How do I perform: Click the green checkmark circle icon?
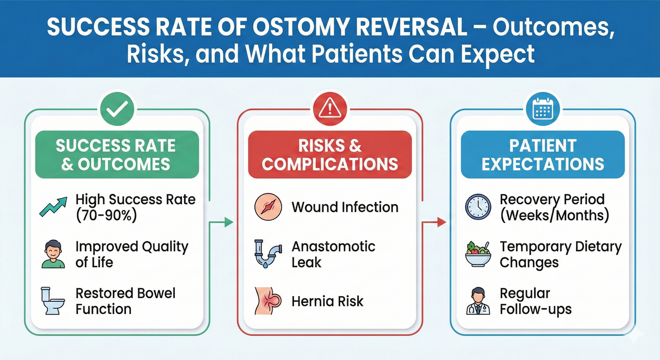[117, 109]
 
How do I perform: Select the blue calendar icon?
[542, 109]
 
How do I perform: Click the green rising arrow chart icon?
[53, 207]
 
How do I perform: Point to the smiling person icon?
[53, 254]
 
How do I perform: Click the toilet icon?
[53, 302]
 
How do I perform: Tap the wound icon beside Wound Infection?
[268, 207]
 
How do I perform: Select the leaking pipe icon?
[268, 254]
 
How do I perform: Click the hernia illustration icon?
[268, 302]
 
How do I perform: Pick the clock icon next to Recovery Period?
[478, 207]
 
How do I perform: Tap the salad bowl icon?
[478, 254]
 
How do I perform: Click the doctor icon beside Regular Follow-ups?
[478, 302]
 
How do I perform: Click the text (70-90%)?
[106, 216]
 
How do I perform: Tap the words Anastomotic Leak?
[333, 254]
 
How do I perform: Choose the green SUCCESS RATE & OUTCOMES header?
[117, 154]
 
